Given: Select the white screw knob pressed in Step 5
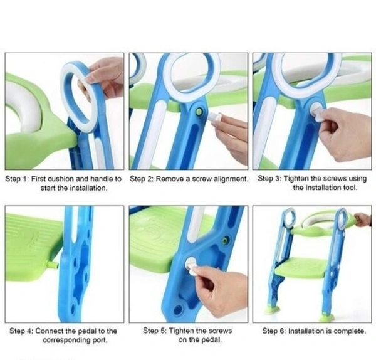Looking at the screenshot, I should [x=191, y=265].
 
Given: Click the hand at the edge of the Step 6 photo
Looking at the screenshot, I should [x=363, y=220].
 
